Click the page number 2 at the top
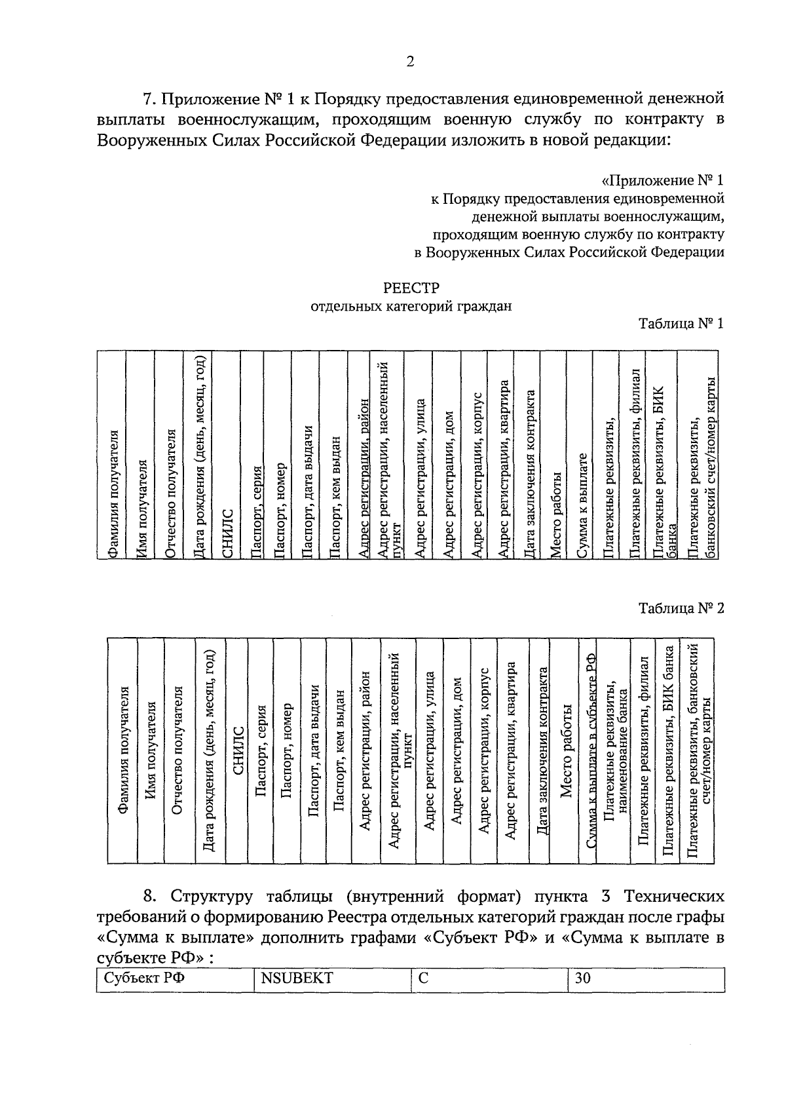pos(410,62)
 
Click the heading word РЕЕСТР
pos(411,288)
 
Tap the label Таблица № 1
pos(681,323)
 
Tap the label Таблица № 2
pos(681,608)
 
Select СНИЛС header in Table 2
pos(238,751)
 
